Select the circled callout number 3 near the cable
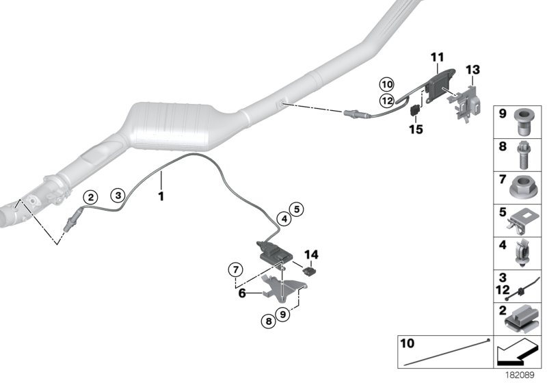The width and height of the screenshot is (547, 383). tap(118, 195)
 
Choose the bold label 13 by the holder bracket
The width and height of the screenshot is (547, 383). tap(473, 70)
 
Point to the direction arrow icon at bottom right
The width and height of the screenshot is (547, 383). tap(516, 353)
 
